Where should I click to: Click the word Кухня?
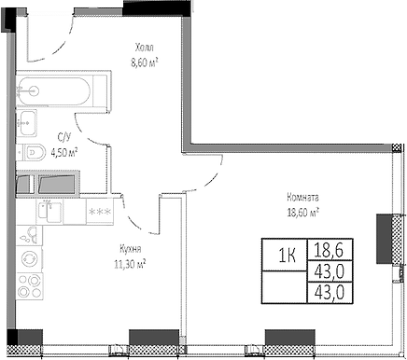(130, 250)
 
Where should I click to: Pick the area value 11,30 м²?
(130, 263)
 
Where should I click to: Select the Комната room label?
(303, 198)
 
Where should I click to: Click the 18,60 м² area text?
(303, 212)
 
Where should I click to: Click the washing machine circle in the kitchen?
(30, 256)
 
